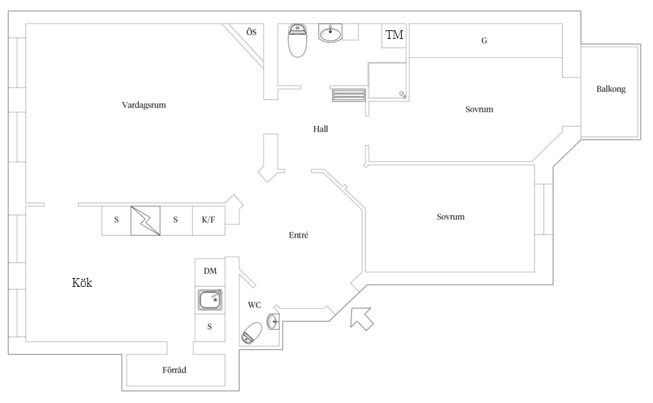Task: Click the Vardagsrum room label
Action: [x=144, y=105]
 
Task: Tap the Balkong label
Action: [x=611, y=89]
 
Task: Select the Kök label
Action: [x=82, y=283]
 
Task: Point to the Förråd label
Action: [x=174, y=369]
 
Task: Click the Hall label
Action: [x=320, y=129]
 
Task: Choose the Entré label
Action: [x=298, y=235]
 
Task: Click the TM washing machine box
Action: [x=394, y=36]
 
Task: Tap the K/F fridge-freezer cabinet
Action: [x=209, y=220]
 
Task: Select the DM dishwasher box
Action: [x=210, y=272]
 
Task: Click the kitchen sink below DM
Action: [x=210, y=300]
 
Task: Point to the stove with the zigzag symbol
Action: [x=145, y=220]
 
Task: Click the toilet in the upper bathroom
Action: [x=298, y=40]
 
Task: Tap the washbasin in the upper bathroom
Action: [x=331, y=33]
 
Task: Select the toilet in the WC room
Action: [x=251, y=333]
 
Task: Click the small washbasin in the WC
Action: [x=273, y=322]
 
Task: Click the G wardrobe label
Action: [x=484, y=41]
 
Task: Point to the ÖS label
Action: [x=251, y=32]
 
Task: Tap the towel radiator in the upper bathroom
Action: [x=349, y=95]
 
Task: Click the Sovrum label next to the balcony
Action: [x=480, y=109]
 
